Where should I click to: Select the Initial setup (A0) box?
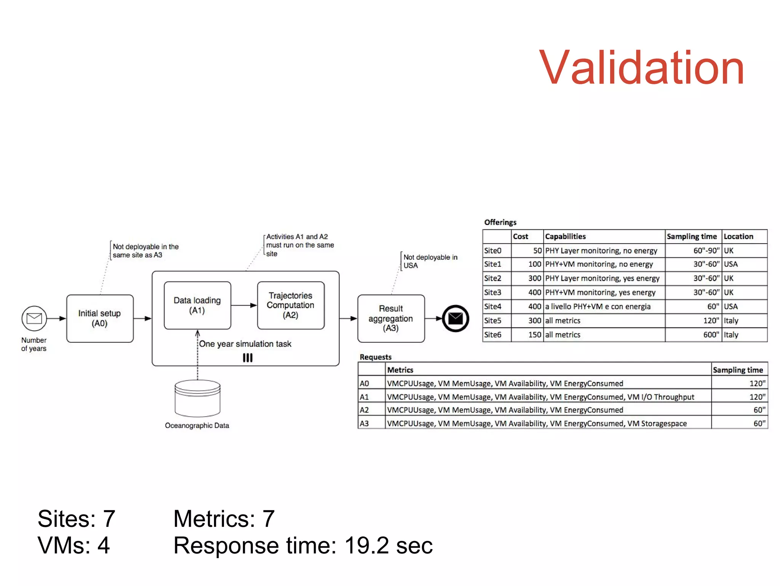(x=100, y=318)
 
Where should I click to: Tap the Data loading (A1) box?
(x=197, y=305)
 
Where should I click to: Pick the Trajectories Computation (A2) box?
(x=291, y=305)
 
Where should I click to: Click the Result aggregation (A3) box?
(x=391, y=318)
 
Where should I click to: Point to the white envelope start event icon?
(x=34, y=318)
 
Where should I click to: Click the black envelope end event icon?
(x=456, y=318)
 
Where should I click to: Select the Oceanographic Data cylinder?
(x=197, y=398)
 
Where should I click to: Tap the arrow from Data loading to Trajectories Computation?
(x=244, y=305)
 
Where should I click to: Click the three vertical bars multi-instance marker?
(x=248, y=358)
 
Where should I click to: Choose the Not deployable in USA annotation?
(x=430, y=262)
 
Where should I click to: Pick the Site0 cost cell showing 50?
(x=527, y=250)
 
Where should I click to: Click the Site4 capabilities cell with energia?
(x=604, y=307)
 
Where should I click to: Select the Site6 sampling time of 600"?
(x=693, y=335)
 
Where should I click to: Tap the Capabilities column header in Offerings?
(x=604, y=236)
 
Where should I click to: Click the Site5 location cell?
(x=744, y=321)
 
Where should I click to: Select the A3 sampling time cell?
(x=739, y=423)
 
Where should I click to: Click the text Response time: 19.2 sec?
(x=303, y=545)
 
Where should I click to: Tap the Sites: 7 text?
(x=76, y=519)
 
